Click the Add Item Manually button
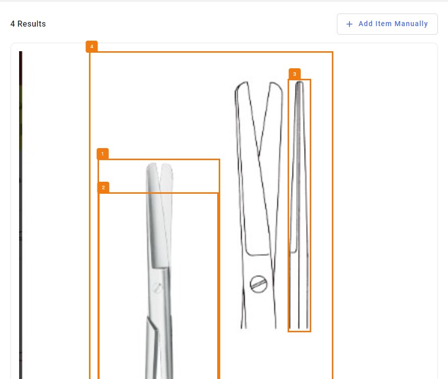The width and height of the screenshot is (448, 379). pyautogui.click(x=387, y=24)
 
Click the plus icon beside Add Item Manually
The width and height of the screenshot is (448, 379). pyautogui.click(x=349, y=24)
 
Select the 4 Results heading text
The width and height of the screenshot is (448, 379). pyautogui.click(x=28, y=24)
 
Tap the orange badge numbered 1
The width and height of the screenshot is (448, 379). pyautogui.click(x=103, y=154)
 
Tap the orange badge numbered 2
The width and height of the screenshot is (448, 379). pyautogui.click(x=104, y=188)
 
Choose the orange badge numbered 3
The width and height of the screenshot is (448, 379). pyautogui.click(x=295, y=74)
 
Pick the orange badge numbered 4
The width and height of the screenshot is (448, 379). pyautogui.click(x=92, y=47)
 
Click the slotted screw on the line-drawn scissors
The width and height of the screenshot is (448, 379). pyautogui.click(x=258, y=284)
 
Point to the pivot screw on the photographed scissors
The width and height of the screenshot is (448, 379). pyautogui.click(x=157, y=288)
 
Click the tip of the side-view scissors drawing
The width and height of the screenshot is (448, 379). pyautogui.click(x=300, y=83)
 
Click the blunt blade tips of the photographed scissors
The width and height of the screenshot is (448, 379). pyautogui.click(x=159, y=166)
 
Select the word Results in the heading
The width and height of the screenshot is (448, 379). pyautogui.click(x=32, y=24)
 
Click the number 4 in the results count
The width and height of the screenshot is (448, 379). pyautogui.click(x=13, y=24)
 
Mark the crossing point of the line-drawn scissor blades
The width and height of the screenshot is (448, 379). pyautogui.click(x=259, y=154)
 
